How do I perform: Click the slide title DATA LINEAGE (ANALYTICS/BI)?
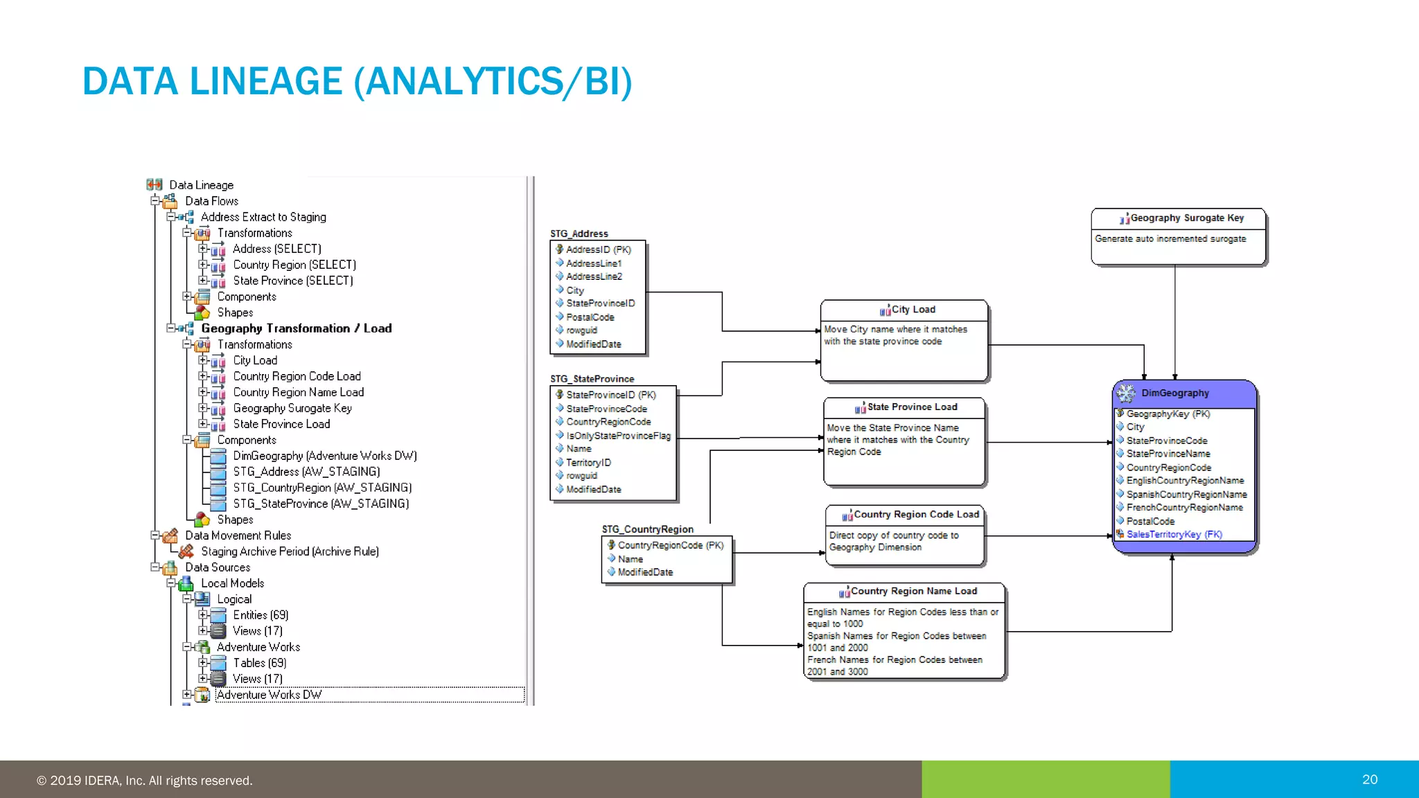[357, 82]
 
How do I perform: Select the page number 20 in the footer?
[1369, 779]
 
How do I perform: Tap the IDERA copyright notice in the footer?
[144, 781]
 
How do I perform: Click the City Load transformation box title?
[913, 310]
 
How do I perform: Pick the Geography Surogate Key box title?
[1186, 218]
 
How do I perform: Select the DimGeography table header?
[1174, 393]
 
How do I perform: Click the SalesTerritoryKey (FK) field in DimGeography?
[1174, 535]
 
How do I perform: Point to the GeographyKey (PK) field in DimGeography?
[1167, 414]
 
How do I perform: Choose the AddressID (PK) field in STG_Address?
[598, 250]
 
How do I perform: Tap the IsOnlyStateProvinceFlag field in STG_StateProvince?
[618, 436]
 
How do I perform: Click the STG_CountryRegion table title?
[647, 529]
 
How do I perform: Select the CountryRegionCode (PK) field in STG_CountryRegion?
[670, 546]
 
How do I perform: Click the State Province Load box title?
[912, 407]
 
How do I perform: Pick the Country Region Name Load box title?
[913, 592]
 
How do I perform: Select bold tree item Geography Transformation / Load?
[296, 328]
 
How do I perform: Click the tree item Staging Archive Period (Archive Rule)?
[290, 551]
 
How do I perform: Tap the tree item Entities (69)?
[261, 615]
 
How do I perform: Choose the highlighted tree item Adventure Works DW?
[269, 695]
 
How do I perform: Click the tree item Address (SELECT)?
[276, 249]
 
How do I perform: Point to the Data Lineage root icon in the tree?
[155, 184]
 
